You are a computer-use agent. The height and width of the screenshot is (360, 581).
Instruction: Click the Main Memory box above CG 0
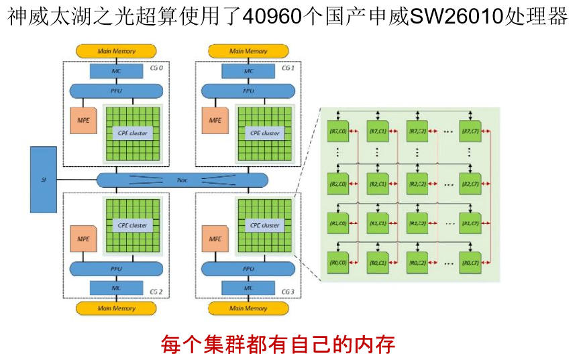(x=116, y=51)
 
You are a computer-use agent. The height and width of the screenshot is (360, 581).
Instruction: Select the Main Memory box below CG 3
(x=248, y=308)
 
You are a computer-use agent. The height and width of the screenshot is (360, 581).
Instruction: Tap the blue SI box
(x=43, y=180)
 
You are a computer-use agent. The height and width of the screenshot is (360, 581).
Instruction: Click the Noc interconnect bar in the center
(x=182, y=180)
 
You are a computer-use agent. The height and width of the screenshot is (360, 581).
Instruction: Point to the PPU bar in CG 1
(x=248, y=91)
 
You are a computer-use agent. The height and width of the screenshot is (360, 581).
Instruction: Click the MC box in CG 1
(x=248, y=71)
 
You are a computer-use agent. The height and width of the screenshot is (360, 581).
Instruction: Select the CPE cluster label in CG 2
(x=132, y=225)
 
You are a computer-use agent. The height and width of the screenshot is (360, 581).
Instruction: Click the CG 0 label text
(x=155, y=68)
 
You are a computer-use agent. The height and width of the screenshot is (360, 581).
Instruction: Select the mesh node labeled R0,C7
(x=470, y=261)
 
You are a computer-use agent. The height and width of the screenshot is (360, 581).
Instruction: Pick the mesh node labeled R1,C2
(x=417, y=223)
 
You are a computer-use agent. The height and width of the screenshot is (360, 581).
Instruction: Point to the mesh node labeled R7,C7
(x=470, y=130)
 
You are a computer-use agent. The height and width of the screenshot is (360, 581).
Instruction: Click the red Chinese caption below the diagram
(x=278, y=344)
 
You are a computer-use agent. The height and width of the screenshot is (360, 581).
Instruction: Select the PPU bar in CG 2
(x=116, y=268)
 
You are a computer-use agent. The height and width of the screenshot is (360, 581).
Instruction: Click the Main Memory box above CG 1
(x=248, y=51)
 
